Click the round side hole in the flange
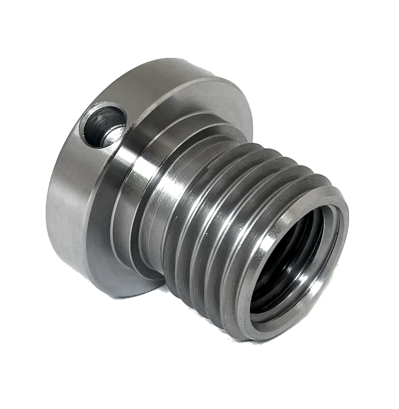[103, 124]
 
